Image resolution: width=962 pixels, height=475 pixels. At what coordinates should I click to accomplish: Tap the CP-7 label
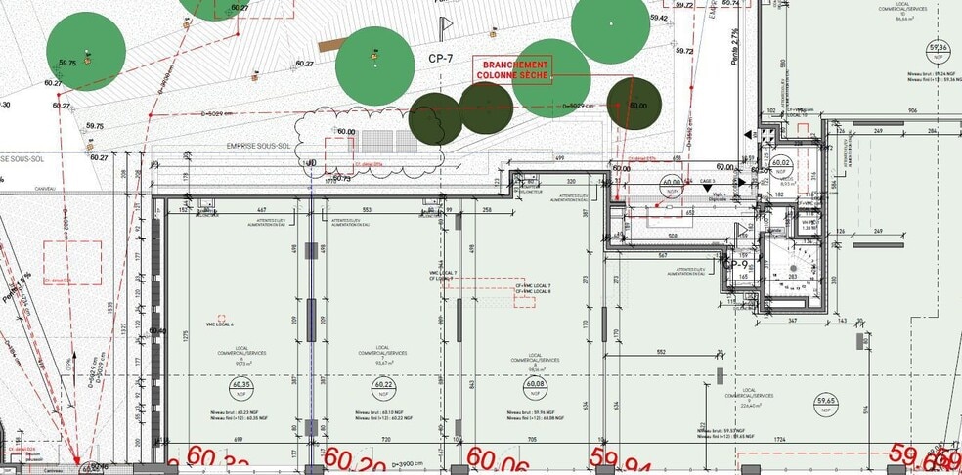coord(441,59)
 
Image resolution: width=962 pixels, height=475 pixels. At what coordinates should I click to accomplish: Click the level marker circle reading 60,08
coord(535,386)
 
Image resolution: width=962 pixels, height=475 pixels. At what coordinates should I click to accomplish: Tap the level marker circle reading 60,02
coord(781,164)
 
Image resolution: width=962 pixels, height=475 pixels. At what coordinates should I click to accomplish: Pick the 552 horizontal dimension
coord(661,352)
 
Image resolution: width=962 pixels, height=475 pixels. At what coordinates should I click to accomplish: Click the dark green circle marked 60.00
coord(634,104)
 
